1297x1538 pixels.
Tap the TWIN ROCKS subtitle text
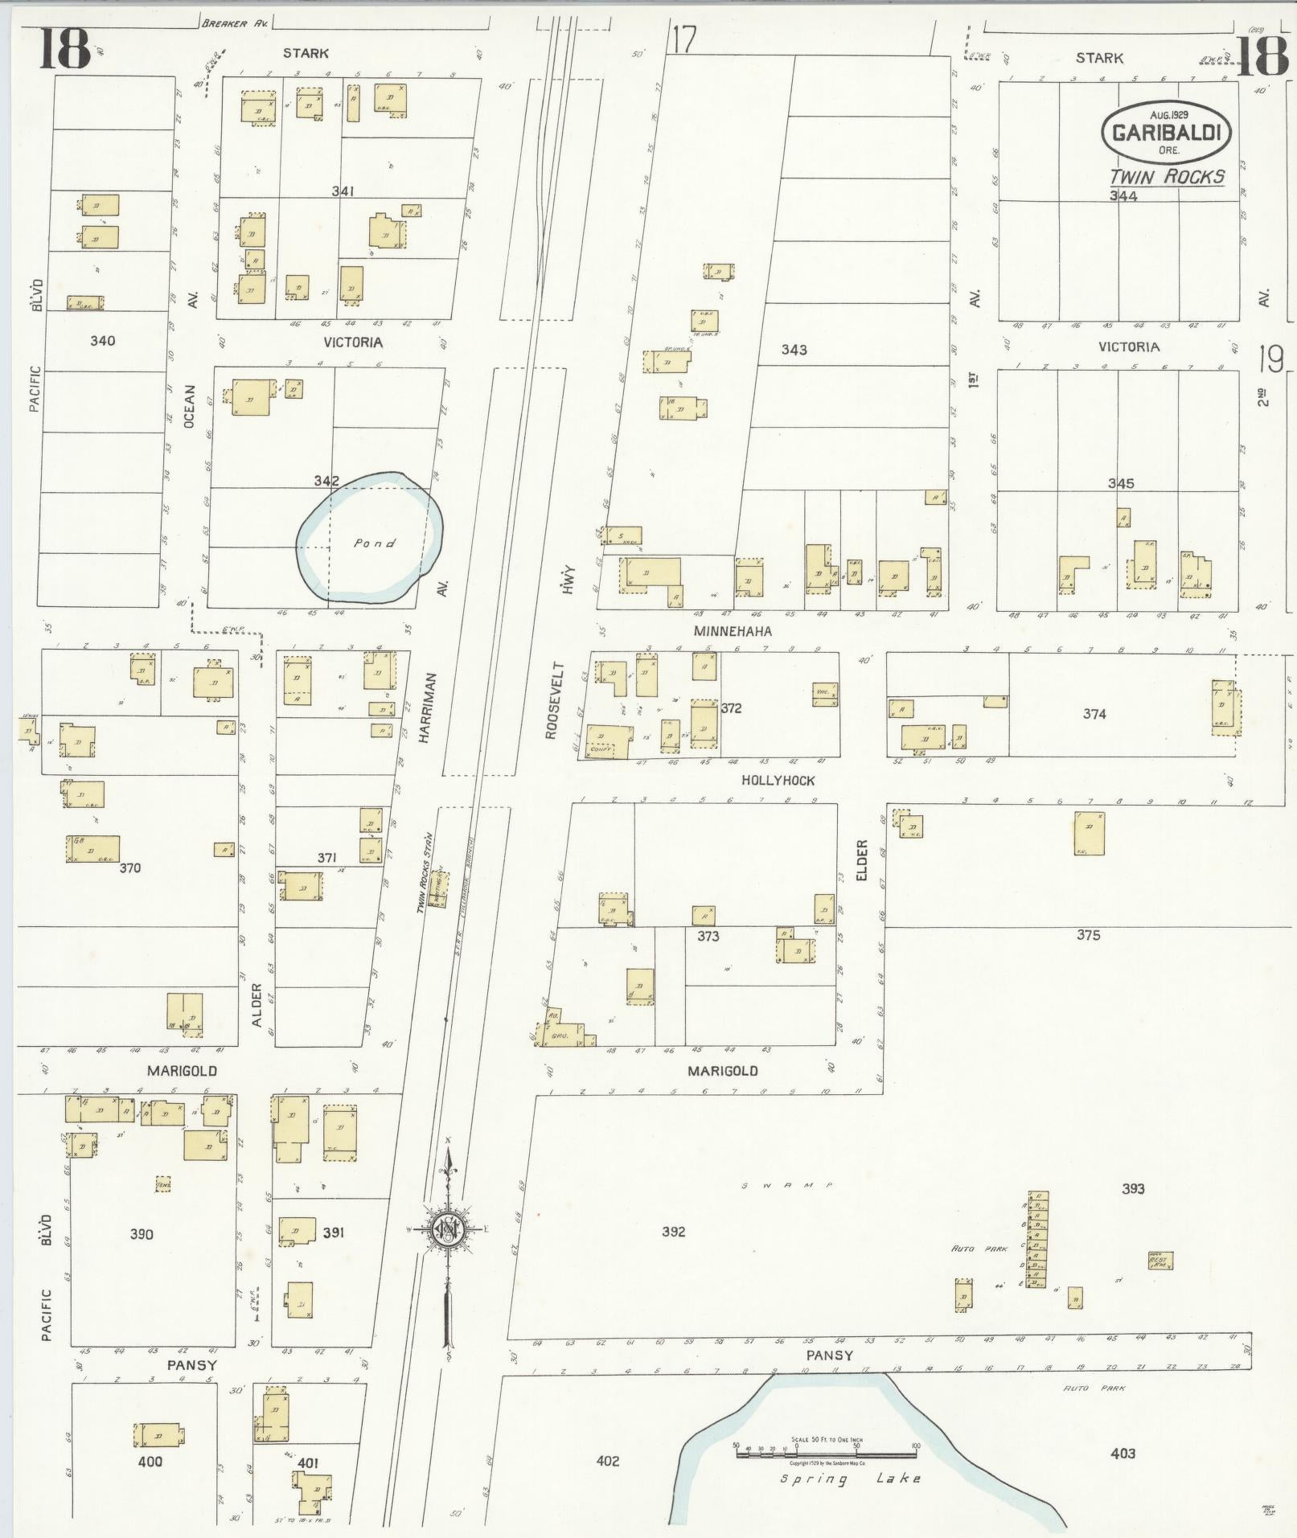coord(1167,177)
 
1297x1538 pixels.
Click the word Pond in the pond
coord(375,543)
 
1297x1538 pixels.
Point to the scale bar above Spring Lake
coord(826,1453)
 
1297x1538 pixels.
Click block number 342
coord(326,481)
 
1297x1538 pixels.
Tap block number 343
coord(794,350)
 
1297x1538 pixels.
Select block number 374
coord(1094,713)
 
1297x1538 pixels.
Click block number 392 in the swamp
coord(673,1231)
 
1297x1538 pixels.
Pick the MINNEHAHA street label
coord(733,631)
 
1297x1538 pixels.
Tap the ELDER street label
coord(862,859)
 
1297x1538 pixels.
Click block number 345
coord(1120,483)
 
